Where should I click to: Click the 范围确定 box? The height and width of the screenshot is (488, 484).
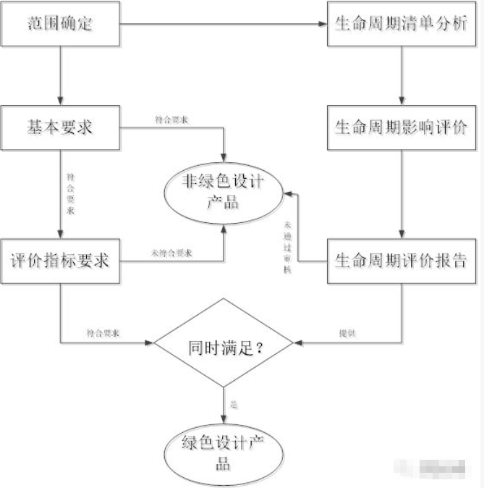[x=61, y=25]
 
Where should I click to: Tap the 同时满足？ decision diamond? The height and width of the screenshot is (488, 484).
[x=224, y=347]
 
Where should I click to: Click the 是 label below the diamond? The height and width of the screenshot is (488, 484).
[x=233, y=403]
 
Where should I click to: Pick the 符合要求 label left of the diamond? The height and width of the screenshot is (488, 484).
[x=102, y=333]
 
